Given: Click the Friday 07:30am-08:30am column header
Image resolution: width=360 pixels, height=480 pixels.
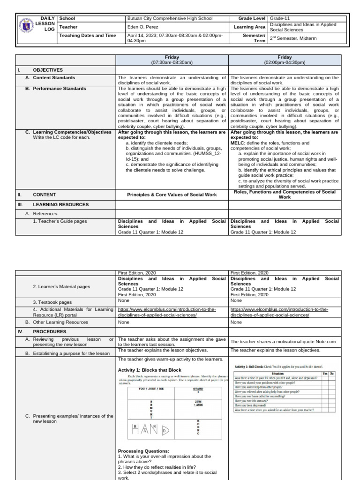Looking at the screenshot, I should [172, 60].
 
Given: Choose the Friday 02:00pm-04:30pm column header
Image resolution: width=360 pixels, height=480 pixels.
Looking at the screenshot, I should [284, 60].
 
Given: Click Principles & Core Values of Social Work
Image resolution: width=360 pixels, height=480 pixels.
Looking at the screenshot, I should [172, 195].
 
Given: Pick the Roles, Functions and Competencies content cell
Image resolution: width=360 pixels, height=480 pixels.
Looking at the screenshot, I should [285, 195].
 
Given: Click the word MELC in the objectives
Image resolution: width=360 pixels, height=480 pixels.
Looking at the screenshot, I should [238, 143].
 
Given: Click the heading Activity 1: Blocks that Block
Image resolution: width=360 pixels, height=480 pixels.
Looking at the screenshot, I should [149, 370].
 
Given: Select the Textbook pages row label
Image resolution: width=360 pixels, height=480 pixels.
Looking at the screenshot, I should [52, 302].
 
